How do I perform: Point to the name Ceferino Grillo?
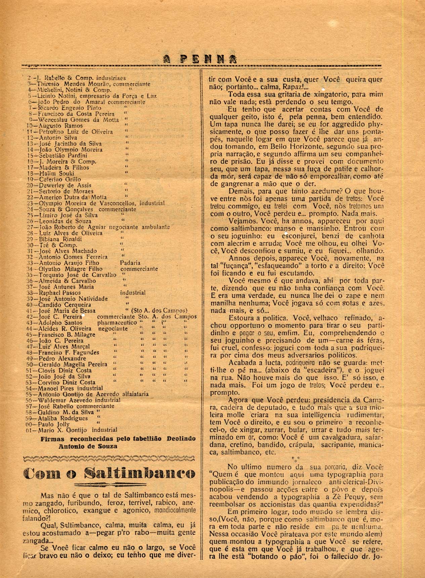click(60, 180)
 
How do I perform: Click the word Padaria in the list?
click(130, 263)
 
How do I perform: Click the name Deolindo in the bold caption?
click(181, 439)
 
